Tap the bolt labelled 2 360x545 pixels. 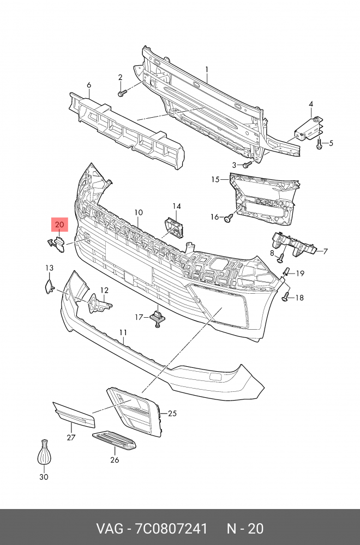(121, 93)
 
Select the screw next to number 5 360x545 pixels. (319, 144)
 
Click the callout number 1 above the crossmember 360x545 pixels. (207, 69)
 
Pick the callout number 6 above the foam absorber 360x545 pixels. (89, 85)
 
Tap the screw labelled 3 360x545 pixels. (247, 163)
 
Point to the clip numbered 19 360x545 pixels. (286, 271)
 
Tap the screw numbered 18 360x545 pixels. (285, 296)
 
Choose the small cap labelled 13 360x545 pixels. (48, 286)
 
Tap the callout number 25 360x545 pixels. (172, 414)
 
